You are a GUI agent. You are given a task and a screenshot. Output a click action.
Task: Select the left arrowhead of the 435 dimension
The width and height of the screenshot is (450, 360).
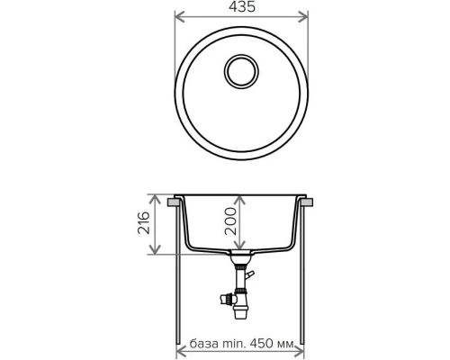(x=176, y=17)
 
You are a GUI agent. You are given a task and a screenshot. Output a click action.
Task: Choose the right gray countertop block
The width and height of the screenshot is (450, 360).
(x=309, y=205)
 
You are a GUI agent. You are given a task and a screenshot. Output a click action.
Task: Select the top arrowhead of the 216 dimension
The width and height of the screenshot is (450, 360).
(x=160, y=197)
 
